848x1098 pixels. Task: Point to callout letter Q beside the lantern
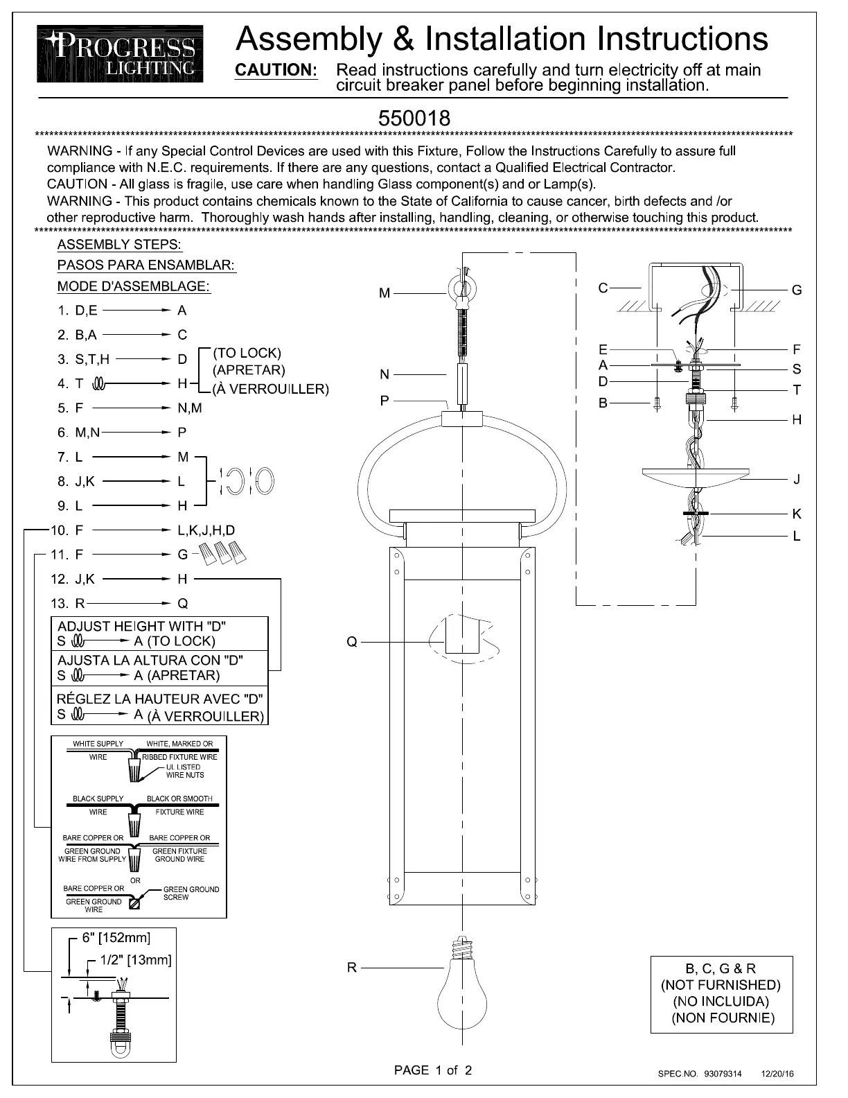click(x=352, y=643)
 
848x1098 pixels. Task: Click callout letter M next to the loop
click(x=385, y=294)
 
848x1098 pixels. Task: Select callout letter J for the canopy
click(x=797, y=479)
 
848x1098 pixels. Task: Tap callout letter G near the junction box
click(x=797, y=290)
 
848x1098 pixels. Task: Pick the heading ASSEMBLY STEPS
click(x=119, y=245)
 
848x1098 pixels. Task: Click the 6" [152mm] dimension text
click(x=116, y=938)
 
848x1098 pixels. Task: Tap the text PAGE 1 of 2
click(x=433, y=1070)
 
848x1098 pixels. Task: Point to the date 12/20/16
click(x=778, y=1074)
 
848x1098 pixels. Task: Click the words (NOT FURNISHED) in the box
click(x=721, y=985)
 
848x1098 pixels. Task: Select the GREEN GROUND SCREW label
click(x=191, y=893)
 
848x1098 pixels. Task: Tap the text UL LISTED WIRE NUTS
click(x=184, y=771)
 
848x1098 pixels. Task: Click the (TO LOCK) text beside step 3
click(x=247, y=353)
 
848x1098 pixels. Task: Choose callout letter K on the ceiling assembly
click(x=797, y=514)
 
